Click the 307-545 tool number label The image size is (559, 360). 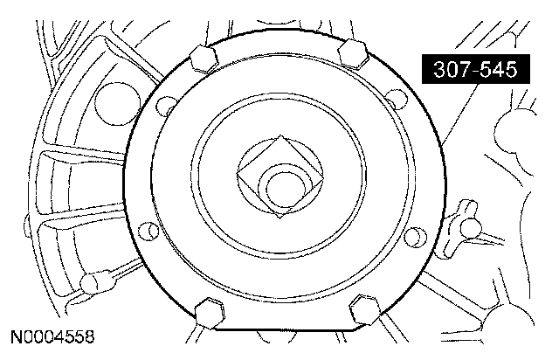point(475,69)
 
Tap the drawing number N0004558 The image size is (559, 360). point(52,336)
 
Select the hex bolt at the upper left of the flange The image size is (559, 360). point(204,59)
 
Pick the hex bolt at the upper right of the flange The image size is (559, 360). point(353,53)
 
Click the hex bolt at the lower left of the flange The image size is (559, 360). point(210,313)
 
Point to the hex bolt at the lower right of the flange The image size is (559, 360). point(365,309)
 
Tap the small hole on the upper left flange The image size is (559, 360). point(166,106)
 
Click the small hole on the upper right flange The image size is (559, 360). point(396,99)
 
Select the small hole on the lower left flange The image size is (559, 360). point(148,231)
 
